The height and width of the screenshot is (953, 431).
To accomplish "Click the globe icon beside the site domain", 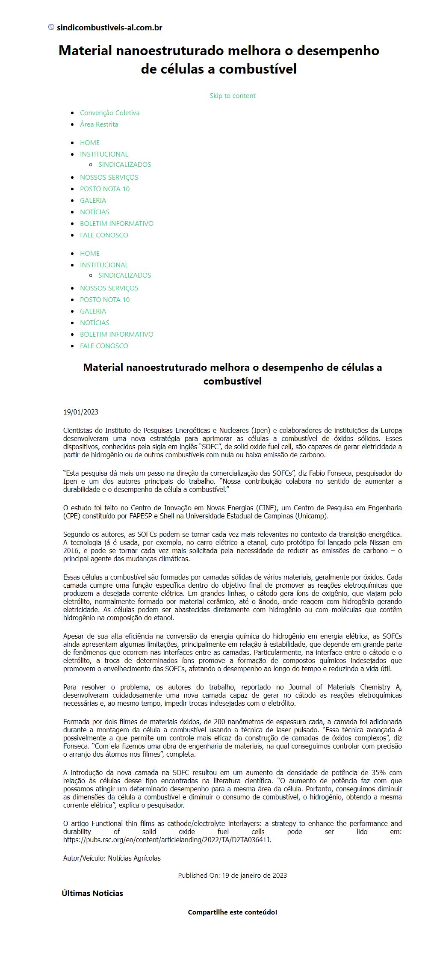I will pyautogui.click(x=51, y=27).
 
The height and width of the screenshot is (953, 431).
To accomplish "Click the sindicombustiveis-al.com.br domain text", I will pyautogui.click(x=109, y=28).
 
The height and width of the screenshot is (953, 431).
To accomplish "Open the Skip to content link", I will pyautogui.click(x=232, y=95).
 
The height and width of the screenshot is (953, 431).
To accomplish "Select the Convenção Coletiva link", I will pyautogui.click(x=109, y=112).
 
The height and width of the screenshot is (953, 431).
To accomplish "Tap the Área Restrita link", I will pyautogui.click(x=99, y=124).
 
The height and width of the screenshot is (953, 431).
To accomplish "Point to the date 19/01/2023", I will pyautogui.click(x=81, y=412).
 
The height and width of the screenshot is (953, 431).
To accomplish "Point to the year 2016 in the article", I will pyautogui.click(x=71, y=550).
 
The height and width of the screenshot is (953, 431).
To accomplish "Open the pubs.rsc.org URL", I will pyautogui.click(x=167, y=840).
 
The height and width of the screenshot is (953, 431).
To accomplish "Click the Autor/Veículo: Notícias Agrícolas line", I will pyautogui.click(x=112, y=858).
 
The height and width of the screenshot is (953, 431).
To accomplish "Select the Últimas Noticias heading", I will pyautogui.click(x=92, y=893).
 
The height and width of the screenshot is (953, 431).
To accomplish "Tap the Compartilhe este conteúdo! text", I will pyautogui.click(x=232, y=912).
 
